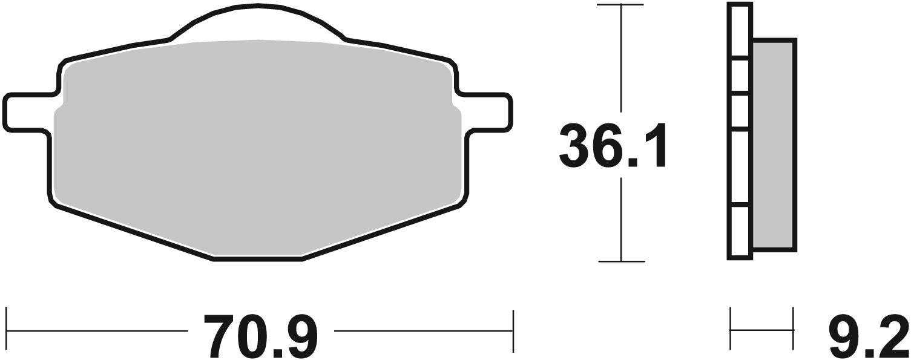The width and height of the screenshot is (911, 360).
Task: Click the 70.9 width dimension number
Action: [260, 335]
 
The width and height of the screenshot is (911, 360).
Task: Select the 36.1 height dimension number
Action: [613, 146]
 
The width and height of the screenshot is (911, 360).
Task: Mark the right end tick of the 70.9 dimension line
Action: [513, 331]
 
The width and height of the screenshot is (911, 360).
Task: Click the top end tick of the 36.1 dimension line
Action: [620, 5]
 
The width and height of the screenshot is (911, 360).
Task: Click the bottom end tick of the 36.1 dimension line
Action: [620, 261]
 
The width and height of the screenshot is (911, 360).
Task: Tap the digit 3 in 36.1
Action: [576, 146]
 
